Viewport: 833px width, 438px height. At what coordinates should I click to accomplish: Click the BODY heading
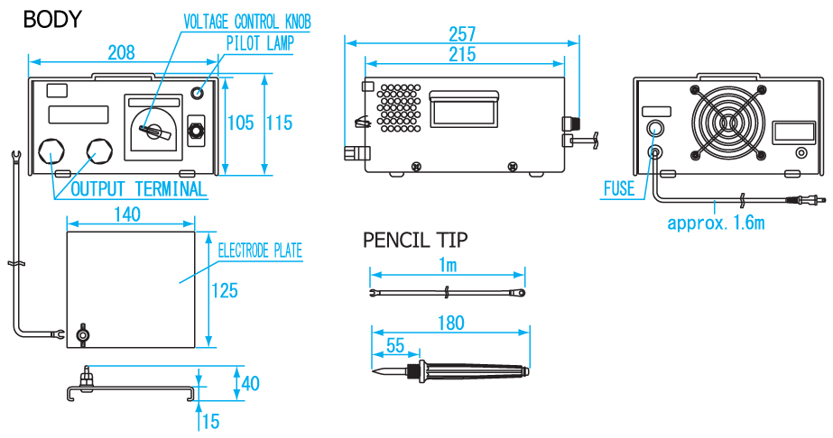51,19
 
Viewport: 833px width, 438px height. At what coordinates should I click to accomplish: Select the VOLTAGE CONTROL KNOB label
246,20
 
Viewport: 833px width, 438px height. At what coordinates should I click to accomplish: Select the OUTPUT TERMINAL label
138,189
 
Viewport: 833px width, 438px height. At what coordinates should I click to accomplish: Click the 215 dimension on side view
462,55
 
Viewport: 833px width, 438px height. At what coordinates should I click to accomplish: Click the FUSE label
619,189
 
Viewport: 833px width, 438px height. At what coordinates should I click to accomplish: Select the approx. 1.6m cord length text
716,222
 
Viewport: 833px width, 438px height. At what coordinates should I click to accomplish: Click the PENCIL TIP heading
415,240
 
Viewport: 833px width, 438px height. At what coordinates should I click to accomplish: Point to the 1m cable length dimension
448,264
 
